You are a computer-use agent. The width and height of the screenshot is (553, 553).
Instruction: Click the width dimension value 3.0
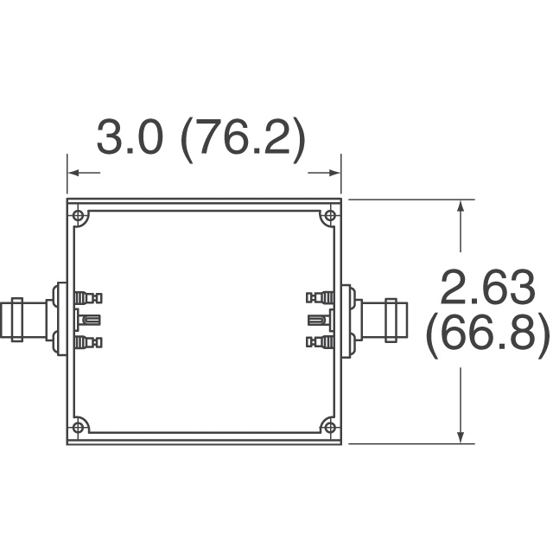[129, 138]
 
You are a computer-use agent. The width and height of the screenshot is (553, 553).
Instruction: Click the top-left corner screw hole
[79, 215]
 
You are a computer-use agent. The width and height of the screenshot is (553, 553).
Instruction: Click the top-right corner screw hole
[329, 215]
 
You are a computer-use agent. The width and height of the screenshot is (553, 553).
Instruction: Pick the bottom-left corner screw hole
[79, 427]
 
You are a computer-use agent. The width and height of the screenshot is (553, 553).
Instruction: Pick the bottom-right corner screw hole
[329, 427]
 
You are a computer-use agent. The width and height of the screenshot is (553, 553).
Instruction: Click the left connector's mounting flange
[60, 320]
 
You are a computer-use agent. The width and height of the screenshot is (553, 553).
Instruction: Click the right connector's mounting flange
[347, 320]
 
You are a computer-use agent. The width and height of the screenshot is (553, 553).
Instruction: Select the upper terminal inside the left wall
[88, 298]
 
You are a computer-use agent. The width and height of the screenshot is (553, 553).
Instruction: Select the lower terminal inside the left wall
[88, 343]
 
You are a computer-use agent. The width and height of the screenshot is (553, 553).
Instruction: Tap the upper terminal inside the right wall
[320, 298]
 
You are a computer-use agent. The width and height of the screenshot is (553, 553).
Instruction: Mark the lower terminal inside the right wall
[320, 343]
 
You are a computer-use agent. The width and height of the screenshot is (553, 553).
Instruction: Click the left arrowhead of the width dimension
[73, 174]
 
